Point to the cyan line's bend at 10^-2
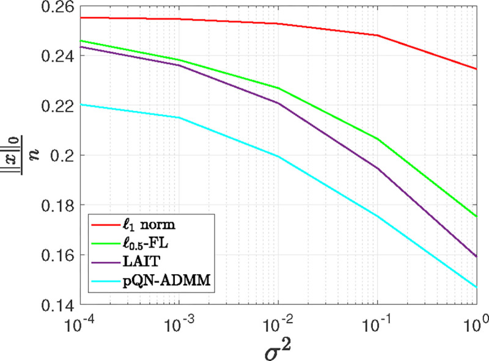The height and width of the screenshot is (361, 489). click(x=278, y=156)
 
